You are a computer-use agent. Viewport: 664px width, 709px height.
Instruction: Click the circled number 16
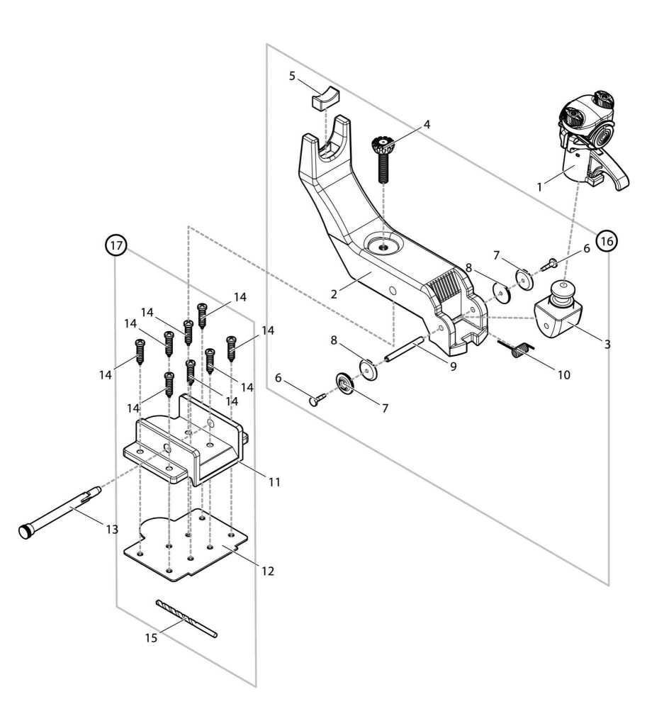coord(606,241)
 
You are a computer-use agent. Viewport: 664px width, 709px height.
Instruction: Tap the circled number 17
coord(116,245)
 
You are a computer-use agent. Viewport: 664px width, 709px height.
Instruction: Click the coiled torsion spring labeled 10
coord(521,348)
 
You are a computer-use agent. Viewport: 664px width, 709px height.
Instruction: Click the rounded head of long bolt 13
coord(27,532)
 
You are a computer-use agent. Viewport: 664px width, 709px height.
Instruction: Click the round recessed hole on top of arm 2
coord(383,247)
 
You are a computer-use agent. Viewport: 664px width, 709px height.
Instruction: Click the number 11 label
coord(274,482)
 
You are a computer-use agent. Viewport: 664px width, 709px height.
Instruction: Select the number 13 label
coord(111,530)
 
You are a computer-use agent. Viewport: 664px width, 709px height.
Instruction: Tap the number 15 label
coord(151,637)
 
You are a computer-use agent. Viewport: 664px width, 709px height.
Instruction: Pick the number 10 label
coord(563,374)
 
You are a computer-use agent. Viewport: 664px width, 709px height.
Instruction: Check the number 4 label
coord(427,124)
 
